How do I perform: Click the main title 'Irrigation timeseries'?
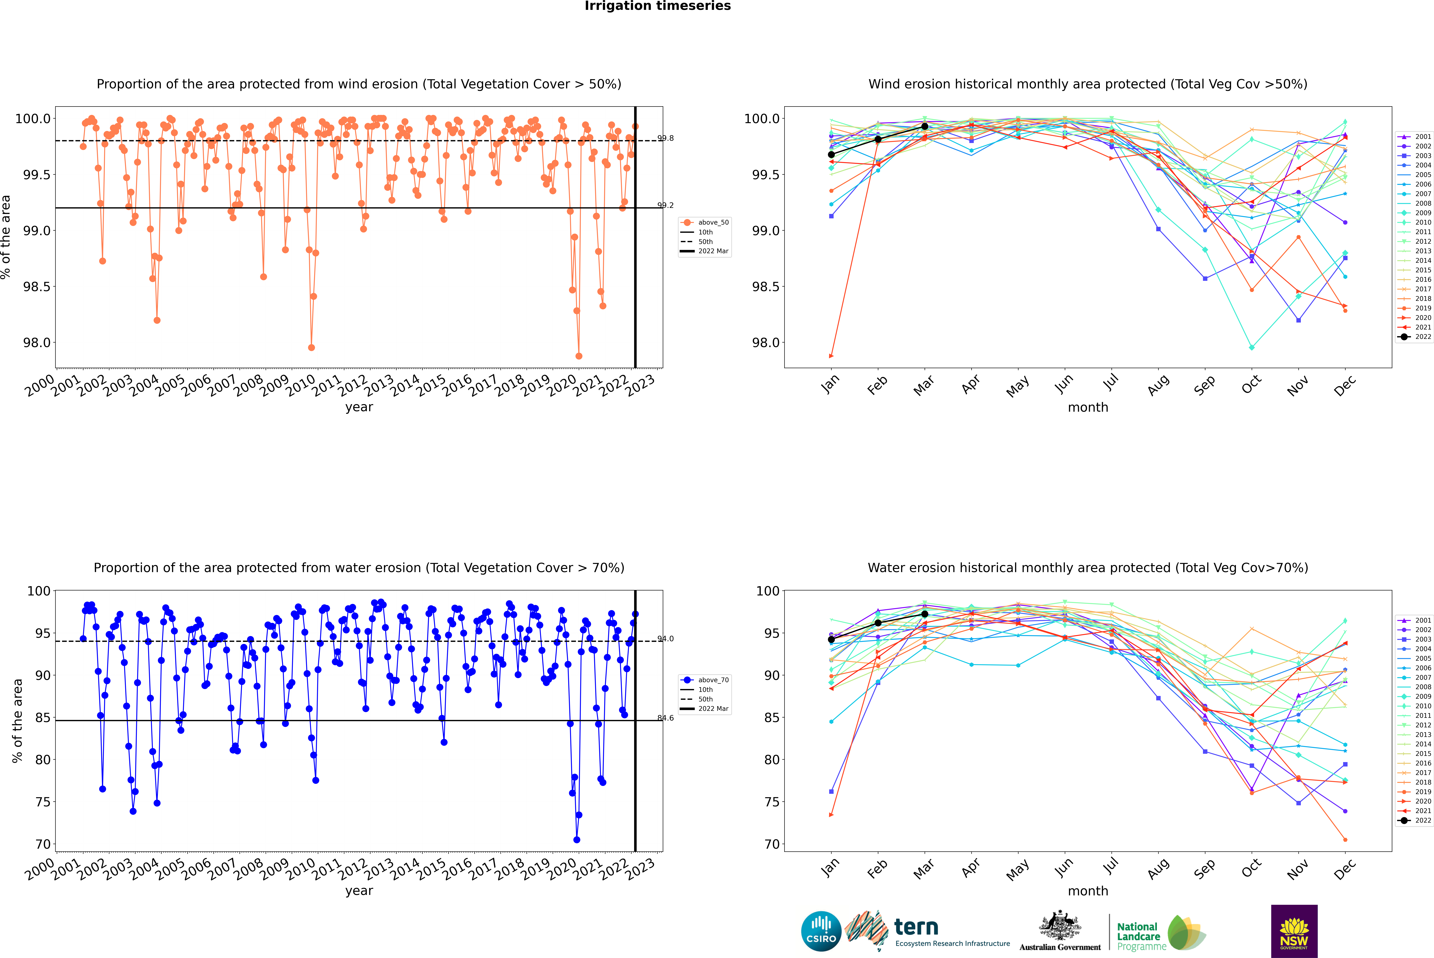click(x=658, y=6)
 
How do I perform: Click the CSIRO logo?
click(x=821, y=931)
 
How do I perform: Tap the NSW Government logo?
click(x=1294, y=931)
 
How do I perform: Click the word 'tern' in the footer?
click(x=916, y=927)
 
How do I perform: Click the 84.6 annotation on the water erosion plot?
click(x=666, y=718)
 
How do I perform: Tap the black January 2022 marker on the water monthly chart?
click(x=831, y=640)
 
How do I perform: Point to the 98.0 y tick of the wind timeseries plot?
click(x=37, y=343)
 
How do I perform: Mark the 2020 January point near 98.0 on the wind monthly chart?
click(x=831, y=356)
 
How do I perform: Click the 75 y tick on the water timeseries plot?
click(x=43, y=802)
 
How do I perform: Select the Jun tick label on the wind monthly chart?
click(x=1064, y=384)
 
